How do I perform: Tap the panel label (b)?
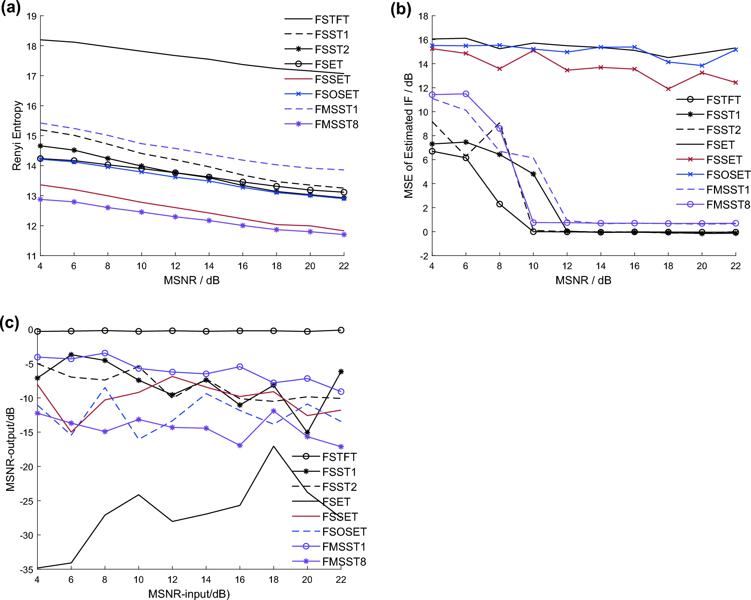pos(401,9)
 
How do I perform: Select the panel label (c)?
pos(9,323)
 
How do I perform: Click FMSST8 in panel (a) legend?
pos(336,124)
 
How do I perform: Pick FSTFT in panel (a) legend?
pos(331,19)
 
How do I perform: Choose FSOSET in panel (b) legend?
pos(728,175)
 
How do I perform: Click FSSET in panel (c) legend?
pos(340,517)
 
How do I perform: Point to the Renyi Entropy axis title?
pos(16,136)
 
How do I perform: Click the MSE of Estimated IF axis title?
pos(408,136)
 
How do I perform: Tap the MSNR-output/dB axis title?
pos(10,449)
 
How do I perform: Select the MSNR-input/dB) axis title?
pos(189,594)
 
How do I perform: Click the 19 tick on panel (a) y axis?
pos(31,16)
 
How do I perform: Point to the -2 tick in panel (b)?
pos(424,256)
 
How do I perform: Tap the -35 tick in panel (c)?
pos(27,570)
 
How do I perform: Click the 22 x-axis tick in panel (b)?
pos(735,266)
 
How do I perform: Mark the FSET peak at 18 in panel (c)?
pos(273,446)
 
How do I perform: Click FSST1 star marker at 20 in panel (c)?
pos(307,433)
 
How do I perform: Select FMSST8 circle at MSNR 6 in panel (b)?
pos(466,94)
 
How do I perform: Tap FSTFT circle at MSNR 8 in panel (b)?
pos(499,204)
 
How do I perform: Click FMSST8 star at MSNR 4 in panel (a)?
pos(40,200)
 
